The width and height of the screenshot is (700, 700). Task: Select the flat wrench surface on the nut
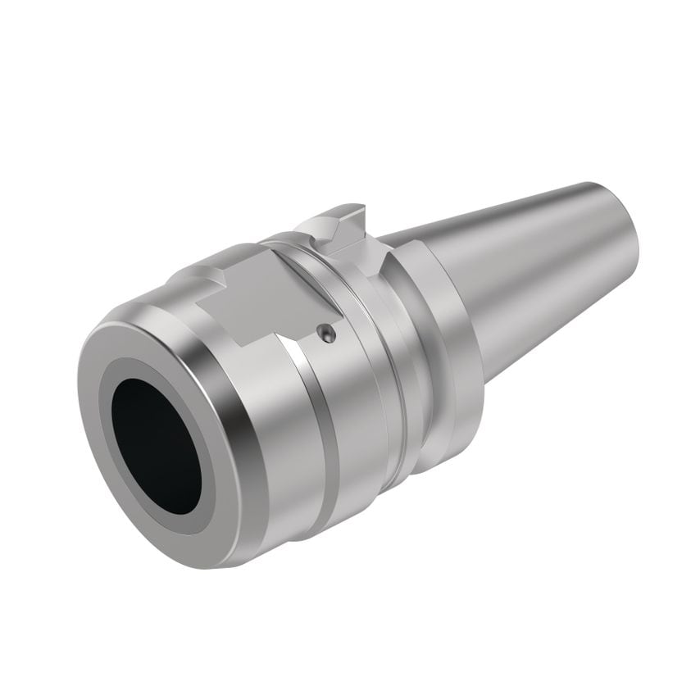click(246, 295)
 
